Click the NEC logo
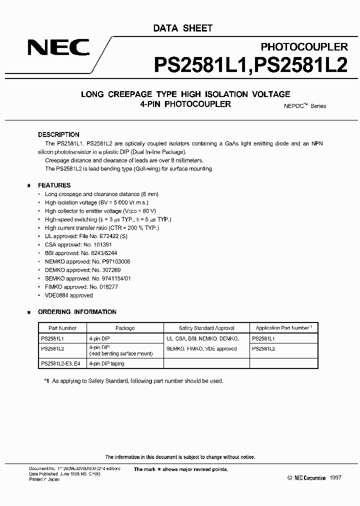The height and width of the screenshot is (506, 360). pos(58,48)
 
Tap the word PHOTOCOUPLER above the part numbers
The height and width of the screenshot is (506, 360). pos(304,47)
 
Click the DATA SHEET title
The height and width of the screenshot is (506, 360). pos(182,28)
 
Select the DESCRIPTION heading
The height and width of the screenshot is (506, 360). pos(58,134)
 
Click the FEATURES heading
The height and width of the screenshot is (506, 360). pos(54,185)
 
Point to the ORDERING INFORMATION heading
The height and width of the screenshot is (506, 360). pos(77,312)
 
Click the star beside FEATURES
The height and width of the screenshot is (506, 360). pos(28,186)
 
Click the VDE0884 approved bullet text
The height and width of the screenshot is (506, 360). pos(68,295)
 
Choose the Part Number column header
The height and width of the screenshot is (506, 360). pos(62,328)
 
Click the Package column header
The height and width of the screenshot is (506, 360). pos(125,328)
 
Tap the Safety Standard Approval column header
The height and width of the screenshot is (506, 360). pos(206,328)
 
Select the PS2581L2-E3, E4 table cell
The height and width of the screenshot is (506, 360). pos(60,363)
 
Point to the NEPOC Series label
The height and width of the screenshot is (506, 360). pos(301,105)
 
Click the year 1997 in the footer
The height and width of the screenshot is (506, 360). pos(335,478)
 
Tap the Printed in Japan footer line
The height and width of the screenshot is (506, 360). pos(44,479)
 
